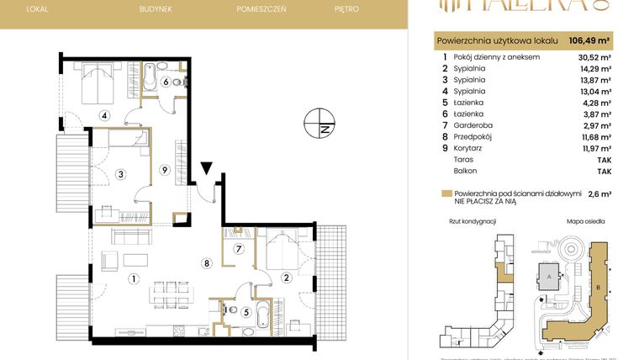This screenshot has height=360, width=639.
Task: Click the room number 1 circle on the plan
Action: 131,278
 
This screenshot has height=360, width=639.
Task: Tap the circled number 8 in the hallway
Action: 205,262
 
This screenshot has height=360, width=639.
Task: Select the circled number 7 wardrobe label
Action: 238,249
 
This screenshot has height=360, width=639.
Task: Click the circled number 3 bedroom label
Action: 121,174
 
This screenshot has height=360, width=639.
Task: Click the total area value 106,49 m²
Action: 589,39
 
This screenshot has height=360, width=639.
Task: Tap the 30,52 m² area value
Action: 594,57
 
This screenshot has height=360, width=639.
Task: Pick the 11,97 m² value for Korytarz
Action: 594,148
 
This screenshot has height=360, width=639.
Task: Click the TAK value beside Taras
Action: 604,159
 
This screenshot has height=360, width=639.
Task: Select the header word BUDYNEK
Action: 156,9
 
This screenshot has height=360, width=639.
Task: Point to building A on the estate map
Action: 549,275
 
